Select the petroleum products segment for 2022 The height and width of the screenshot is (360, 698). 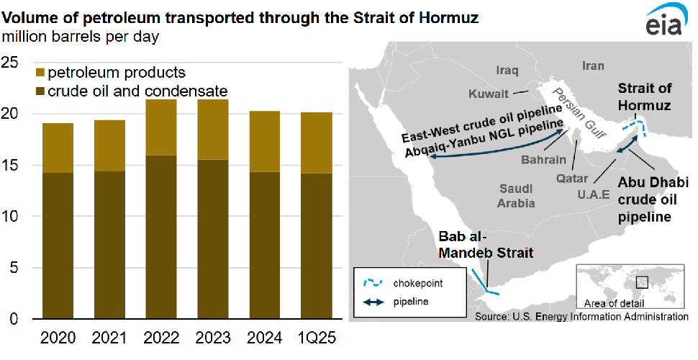(161, 127)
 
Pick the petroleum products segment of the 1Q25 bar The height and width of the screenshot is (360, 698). (317, 143)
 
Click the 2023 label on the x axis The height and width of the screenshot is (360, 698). (213, 338)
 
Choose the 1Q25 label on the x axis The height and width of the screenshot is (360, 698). (316, 338)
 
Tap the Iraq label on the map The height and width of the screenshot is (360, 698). (507, 71)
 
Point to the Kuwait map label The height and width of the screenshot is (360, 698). (489, 94)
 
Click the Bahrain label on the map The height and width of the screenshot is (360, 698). (544, 160)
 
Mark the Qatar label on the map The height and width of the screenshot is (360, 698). (572, 179)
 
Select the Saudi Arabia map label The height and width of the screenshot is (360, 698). (516, 196)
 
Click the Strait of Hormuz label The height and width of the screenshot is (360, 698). (644, 96)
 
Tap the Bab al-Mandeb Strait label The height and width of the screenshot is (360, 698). (486, 245)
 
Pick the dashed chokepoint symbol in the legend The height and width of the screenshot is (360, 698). (373, 282)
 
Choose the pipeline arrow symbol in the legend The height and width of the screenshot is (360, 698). (373, 302)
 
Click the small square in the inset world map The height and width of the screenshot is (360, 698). (642, 282)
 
